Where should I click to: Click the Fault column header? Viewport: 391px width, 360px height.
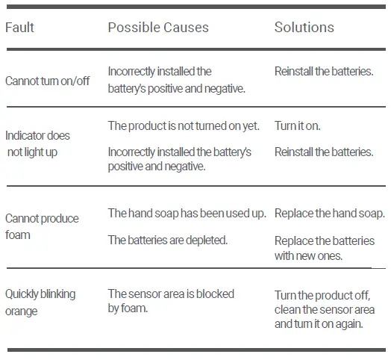19,27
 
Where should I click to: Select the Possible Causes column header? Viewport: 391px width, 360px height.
158,27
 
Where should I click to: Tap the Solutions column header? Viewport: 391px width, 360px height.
304,27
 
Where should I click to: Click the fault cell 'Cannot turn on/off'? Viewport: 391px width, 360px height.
47,81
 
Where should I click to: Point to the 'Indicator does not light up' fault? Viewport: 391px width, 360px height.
37,144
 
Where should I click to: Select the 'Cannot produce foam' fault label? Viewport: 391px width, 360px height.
42,227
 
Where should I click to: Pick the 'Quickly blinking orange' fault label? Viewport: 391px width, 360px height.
40,302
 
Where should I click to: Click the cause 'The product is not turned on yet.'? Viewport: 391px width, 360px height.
184,125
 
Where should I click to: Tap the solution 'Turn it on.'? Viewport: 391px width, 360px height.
297,125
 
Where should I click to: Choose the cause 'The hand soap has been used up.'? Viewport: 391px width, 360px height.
187,214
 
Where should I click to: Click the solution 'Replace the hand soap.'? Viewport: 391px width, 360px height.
330,214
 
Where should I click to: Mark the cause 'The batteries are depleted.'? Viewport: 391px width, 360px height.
168,240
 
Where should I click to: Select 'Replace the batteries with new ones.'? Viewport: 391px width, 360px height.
325,249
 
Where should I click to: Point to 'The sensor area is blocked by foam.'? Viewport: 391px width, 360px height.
171,301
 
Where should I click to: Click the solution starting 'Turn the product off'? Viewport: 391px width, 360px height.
325,309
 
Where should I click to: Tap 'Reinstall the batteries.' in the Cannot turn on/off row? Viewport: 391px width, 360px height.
324,72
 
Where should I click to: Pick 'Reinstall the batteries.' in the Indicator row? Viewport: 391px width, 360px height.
324,152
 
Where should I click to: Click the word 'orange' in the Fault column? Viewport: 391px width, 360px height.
21,311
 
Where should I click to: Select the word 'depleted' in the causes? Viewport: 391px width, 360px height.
207,240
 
